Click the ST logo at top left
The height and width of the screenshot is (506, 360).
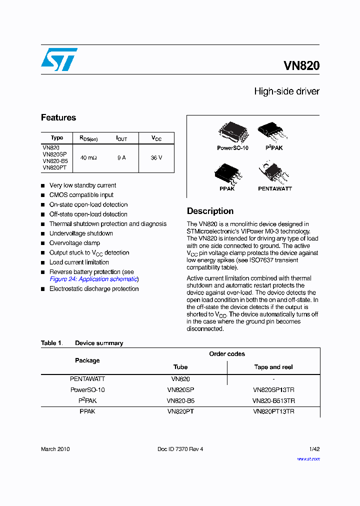point(59,59)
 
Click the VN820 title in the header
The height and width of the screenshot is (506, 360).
point(301,65)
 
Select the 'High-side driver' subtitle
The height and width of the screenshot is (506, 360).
point(286,91)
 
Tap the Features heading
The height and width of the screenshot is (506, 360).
point(58,117)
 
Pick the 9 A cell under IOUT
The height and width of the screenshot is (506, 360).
point(121,157)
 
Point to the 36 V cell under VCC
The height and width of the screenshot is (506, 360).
point(156,157)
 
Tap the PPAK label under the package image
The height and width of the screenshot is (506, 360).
point(227,189)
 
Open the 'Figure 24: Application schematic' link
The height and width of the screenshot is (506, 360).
point(93,279)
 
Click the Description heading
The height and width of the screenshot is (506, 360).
point(210,211)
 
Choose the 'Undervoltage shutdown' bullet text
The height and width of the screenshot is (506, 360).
point(81,233)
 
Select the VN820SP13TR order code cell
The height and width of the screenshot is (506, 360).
point(273,389)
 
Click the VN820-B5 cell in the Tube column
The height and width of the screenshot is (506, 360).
point(180,400)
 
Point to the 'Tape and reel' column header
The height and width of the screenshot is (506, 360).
point(273,367)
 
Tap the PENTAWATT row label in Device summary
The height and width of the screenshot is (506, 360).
point(87,379)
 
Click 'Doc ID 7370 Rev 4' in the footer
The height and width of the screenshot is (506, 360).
point(180,449)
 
